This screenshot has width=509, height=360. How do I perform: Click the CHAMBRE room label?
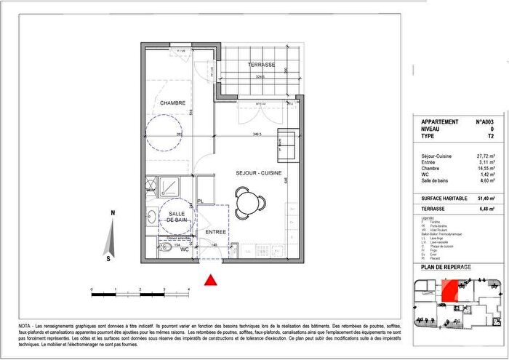click(173, 103)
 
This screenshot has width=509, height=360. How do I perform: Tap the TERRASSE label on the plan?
click(261, 65)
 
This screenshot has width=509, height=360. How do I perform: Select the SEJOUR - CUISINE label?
click(257, 174)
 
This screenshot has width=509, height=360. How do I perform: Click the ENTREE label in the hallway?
click(216, 233)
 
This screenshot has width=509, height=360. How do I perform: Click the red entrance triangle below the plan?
click(212, 280)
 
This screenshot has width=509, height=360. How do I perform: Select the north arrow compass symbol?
click(111, 235)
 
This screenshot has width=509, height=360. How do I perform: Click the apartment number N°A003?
click(486, 122)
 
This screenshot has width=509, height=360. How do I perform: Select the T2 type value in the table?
click(491, 136)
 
